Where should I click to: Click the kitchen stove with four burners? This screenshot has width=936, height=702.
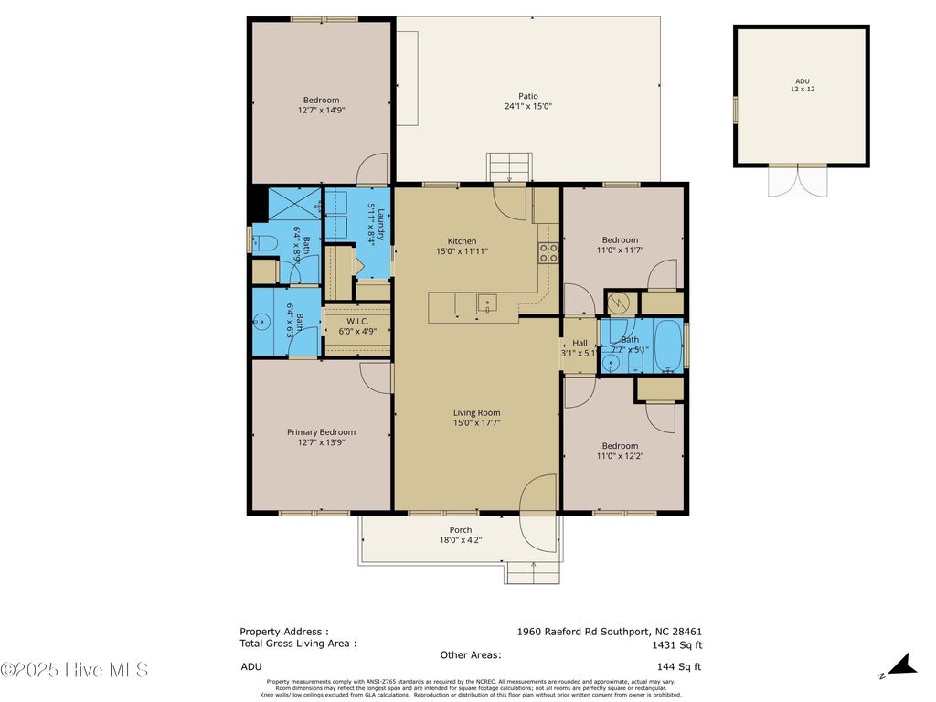tap(548, 253)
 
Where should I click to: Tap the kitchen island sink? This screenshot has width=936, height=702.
tap(487, 303)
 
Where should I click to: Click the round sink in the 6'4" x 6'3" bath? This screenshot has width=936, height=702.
tap(263, 321)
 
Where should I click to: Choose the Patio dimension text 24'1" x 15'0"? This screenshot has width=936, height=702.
tap(528, 106)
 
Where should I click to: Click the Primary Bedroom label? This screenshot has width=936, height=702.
tap(321, 432)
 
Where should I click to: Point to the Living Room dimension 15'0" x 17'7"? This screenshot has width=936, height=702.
tap(476, 423)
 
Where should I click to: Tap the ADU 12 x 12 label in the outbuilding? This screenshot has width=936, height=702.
tap(801, 85)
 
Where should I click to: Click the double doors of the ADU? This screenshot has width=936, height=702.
tap(799, 180)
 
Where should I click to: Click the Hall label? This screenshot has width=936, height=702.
tap(580, 343)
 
